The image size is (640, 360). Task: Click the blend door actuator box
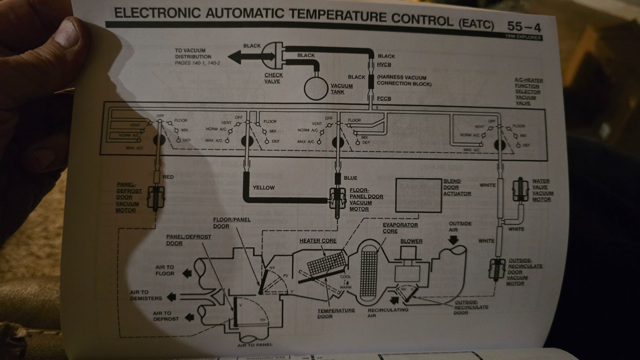(418, 195)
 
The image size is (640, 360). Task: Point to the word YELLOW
(263, 188)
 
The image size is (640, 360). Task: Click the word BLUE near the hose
(351, 178)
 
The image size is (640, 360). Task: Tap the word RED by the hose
(168, 177)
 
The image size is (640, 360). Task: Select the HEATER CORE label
(318, 241)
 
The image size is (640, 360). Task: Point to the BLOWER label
(411, 241)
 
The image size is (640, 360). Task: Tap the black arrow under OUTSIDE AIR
(453, 239)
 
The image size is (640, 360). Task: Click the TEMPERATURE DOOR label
(336, 313)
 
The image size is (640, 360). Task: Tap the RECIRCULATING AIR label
(387, 313)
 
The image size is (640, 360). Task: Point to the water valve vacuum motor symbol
(519, 190)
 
